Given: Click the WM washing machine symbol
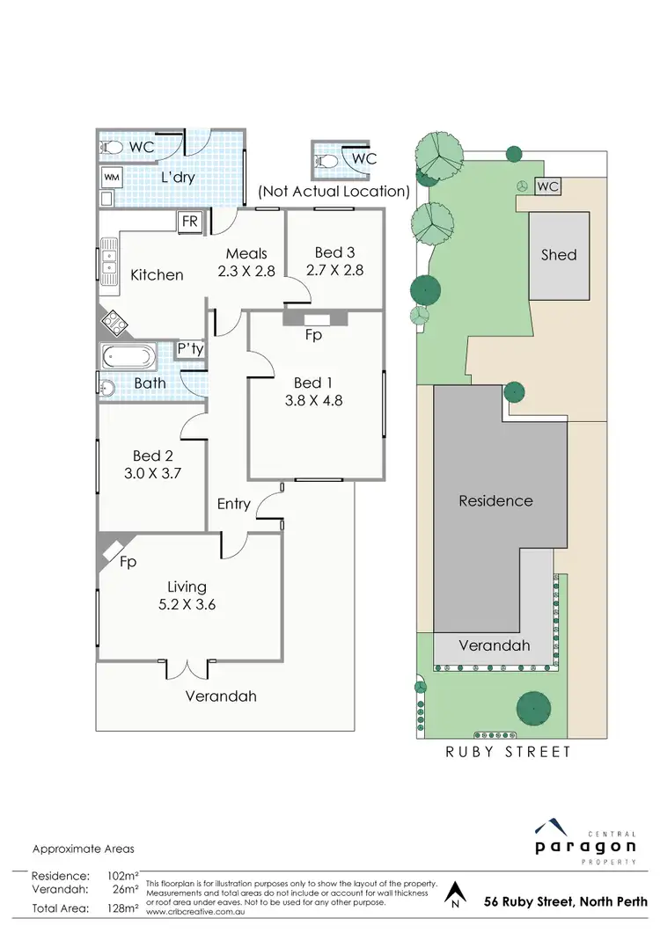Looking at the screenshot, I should (111, 177).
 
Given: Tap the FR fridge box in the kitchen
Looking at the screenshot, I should (190, 222).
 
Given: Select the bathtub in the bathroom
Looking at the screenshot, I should (128, 358).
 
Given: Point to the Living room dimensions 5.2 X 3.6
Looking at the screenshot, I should (187, 605).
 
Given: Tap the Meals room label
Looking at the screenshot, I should (246, 253).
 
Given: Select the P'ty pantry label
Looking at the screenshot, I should (190, 349).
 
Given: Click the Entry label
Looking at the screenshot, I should (234, 504).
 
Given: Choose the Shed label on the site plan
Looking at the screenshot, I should (558, 255).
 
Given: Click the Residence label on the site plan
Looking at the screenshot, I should (495, 501).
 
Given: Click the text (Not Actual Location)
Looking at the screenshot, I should (334, 191).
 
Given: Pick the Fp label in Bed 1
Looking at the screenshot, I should (313, 335).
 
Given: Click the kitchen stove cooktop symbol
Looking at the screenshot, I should (114, 323).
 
